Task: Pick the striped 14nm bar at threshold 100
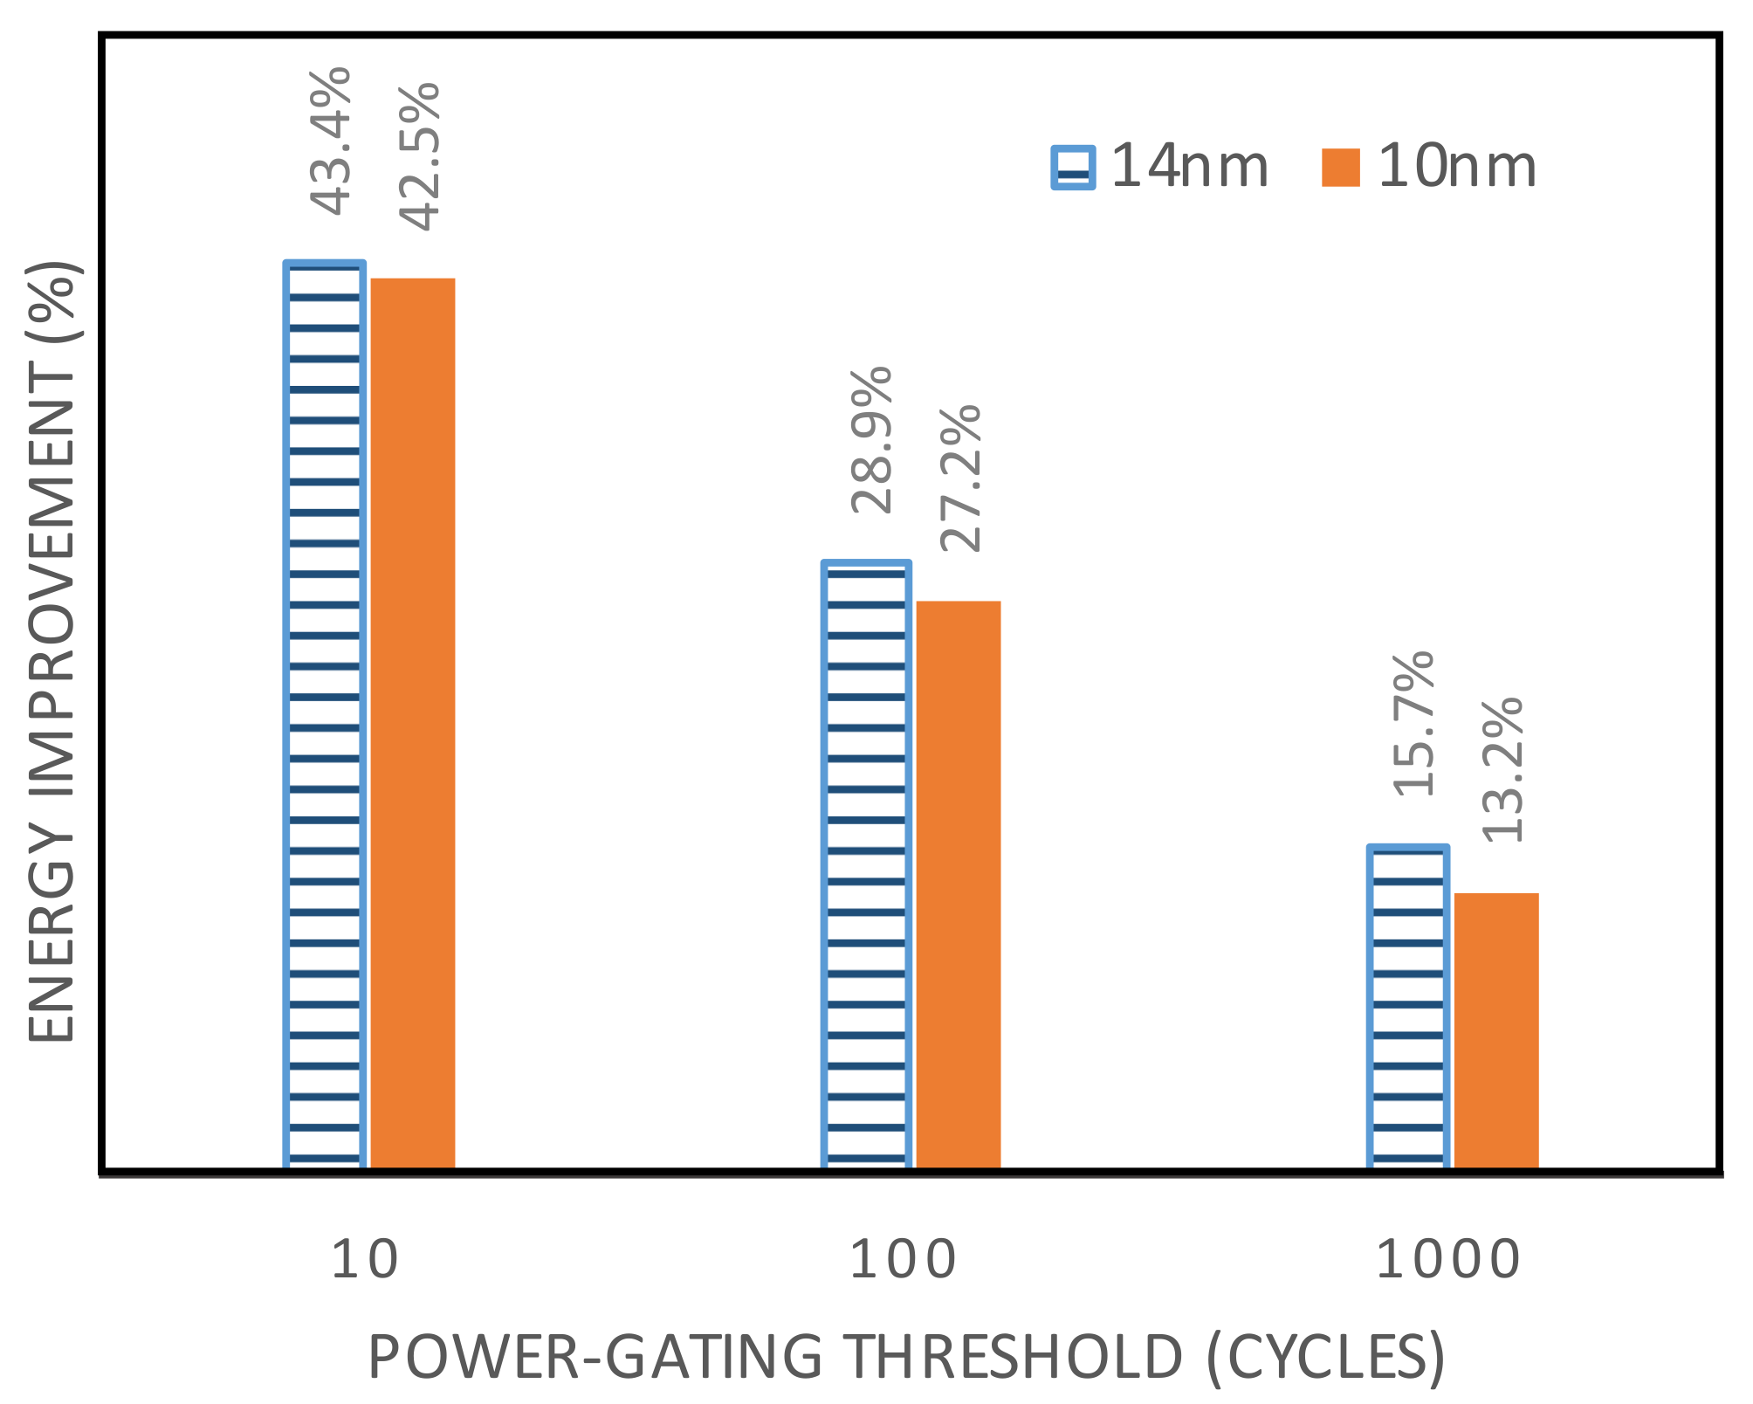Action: [866, 864]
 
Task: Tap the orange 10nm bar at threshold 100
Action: [958, 884]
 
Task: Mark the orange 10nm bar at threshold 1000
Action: [1496, 1030]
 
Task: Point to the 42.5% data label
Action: [421, 157]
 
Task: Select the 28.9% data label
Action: [872, 440]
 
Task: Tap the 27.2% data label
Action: [961, 478]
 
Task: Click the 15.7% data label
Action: [1413, 724]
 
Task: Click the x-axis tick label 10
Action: [365, 1260]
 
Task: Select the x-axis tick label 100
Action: [903, 1260]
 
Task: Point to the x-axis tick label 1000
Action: [1448, 1260]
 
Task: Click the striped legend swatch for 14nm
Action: [1073, 167]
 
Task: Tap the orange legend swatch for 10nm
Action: [1341, 168]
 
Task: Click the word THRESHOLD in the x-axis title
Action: [1014, 1357]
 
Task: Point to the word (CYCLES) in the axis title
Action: [1327, 1359]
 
